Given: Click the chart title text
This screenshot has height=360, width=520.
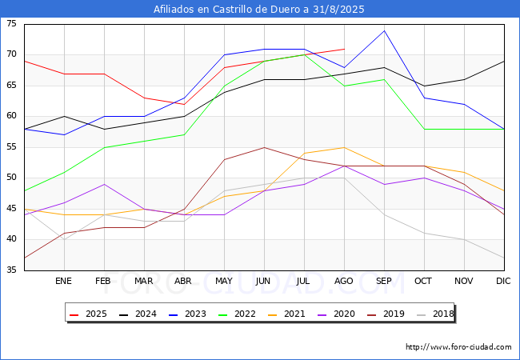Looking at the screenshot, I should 260,9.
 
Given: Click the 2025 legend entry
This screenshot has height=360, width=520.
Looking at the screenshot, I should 87,314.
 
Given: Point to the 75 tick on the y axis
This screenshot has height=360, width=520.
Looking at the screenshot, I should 11,24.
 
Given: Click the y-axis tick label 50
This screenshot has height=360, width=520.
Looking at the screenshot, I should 11,178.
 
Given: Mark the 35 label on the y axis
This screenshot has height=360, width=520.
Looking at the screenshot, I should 11,270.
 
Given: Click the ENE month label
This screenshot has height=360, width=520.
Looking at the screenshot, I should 64,282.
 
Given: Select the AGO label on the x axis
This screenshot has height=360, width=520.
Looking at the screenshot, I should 344,282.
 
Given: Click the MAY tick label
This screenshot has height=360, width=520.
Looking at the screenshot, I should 224,282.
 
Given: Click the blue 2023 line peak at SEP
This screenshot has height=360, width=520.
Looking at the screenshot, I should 384,31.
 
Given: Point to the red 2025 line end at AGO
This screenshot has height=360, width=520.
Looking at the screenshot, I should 344,50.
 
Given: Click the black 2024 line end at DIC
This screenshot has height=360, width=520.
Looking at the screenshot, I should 504,62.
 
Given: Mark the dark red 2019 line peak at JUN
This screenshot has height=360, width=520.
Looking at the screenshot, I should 264,147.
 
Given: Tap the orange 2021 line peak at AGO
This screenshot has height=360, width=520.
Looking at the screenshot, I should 344,147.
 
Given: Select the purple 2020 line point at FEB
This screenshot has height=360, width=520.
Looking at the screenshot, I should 104,184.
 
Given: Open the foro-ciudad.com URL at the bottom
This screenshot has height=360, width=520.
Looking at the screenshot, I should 458,347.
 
